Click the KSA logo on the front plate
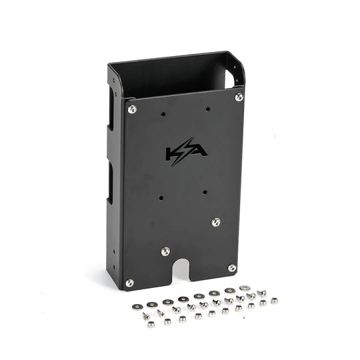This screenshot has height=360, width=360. click(185, 153)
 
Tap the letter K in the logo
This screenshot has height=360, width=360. click(173, 153)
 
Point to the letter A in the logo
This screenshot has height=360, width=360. click(198, 152)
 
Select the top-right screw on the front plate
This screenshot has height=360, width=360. click(239, 97)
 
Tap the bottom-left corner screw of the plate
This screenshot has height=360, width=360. click(129, 283)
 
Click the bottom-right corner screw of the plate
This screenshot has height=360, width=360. click(232, 268)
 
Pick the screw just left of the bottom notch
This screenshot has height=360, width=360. click(165, 251)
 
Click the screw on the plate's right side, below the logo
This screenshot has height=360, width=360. click(216, 222)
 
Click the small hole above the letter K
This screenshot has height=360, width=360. click(163, 114)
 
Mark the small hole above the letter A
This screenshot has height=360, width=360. click(208, 108)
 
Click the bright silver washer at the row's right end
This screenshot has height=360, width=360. click(245, 289)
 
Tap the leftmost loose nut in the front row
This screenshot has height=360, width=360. click(151, 324)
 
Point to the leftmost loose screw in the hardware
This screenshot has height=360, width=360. click(146, 315)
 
